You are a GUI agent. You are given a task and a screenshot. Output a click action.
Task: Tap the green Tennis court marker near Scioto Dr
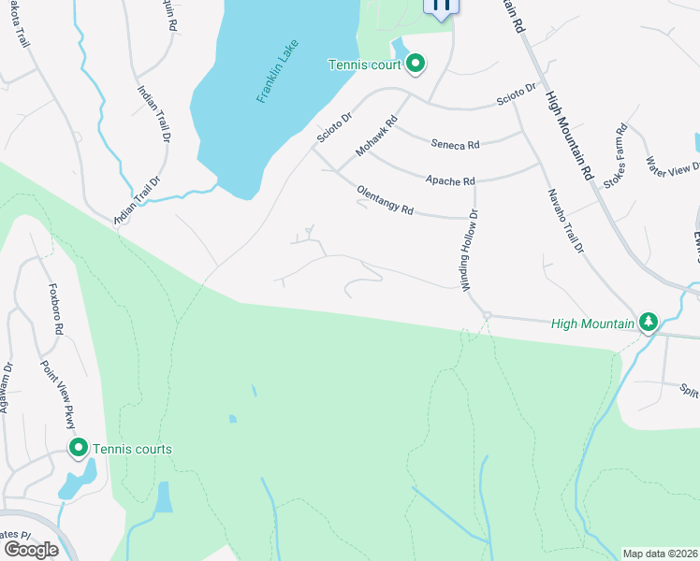tap(416, 65)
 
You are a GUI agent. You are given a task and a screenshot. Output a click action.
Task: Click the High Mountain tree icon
tap(648, 323)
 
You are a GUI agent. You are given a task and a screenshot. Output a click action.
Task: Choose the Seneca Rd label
tap(455, 145)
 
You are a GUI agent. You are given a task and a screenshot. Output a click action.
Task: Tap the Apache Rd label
tap(450, 180)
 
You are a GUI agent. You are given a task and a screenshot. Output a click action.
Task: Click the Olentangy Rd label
tap(385, 200)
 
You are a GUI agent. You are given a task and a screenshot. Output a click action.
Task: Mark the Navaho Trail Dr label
tap(564, 221)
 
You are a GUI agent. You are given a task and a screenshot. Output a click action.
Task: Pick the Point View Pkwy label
tap(56, 394)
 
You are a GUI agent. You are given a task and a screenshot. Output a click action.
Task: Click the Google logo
tap(30, 549)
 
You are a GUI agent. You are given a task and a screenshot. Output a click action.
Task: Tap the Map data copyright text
tap(660, 554)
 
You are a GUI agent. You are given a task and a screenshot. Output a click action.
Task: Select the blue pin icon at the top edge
tap(442, 6)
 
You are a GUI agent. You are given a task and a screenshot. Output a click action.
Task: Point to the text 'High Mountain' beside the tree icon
tap(591, 324)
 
